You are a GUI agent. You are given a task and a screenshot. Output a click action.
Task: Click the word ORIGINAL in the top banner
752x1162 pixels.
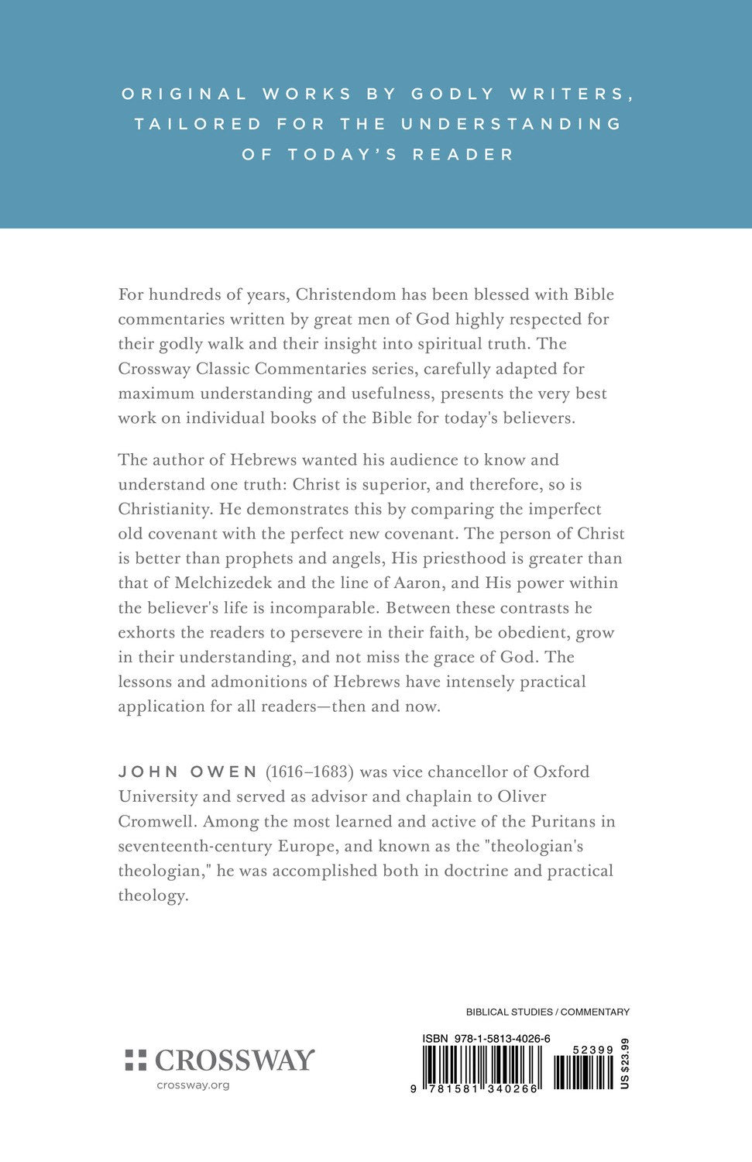tap(184, 94)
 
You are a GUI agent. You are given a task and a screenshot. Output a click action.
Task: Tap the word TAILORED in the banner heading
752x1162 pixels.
tap(198, 124)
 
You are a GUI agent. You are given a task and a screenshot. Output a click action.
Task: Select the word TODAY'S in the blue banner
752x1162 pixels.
tap(342, 154)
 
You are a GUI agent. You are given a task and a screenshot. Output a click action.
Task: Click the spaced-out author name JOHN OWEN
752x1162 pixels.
tap(188, 772)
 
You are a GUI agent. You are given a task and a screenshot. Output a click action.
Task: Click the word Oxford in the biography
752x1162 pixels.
tap(556, 772)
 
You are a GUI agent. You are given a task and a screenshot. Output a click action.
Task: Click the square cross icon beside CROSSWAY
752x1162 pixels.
tap(136, 1060)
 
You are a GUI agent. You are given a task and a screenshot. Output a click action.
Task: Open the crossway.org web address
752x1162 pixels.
tap(193, 1085)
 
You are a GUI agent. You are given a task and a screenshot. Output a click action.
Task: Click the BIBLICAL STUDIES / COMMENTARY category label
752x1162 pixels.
tap(548, 1012)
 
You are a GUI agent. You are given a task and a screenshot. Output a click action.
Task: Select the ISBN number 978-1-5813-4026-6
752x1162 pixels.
tap(502, 1038)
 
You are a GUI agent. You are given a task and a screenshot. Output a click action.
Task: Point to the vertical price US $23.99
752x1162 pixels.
tap(624, 1063)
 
